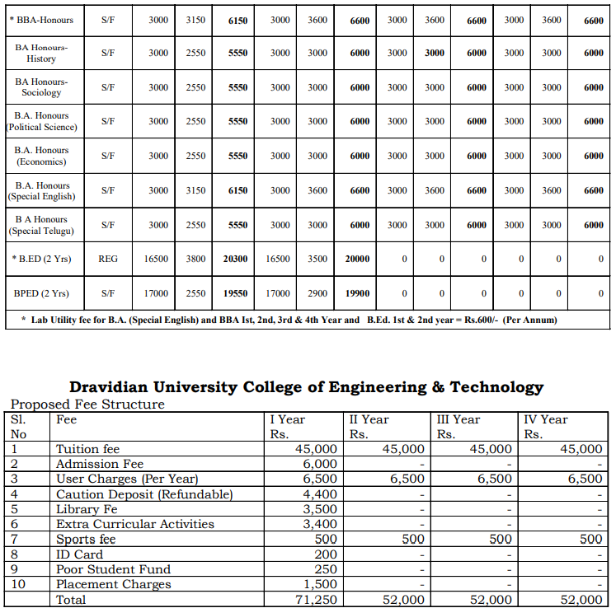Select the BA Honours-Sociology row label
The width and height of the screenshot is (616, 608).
pos(41,87)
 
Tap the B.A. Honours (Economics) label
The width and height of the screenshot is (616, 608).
pos(41,156)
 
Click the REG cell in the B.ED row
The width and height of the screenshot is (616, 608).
pos(108,259)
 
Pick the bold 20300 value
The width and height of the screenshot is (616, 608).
pos(235,259)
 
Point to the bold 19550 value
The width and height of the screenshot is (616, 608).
pos(235,293)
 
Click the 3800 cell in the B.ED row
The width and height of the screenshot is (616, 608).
pos(195,259)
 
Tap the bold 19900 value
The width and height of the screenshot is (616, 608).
pos(357,293)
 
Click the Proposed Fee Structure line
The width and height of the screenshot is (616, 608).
pos(87,404)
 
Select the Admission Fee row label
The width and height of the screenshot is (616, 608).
pos(100,464)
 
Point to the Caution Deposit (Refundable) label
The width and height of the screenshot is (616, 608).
pos(144,494)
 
